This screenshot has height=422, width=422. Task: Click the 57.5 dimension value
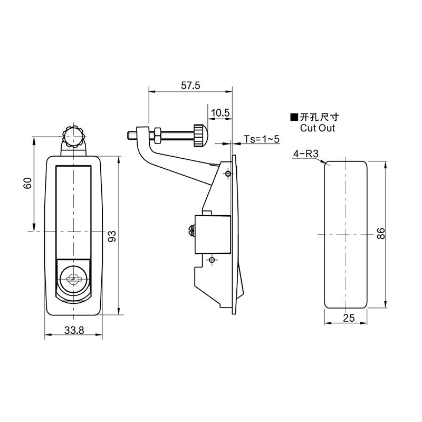coord(190,85)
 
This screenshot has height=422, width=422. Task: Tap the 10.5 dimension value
coord(220,113)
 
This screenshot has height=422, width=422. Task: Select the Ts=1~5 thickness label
coord(262,139)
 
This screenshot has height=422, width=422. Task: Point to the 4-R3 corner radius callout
coord(306,154)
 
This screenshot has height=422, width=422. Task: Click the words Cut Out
coord(318,128)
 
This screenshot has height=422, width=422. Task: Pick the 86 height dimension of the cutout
coord(381,234)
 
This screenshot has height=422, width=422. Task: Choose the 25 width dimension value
coord(349,318)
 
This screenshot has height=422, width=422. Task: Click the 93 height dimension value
coord(112,236)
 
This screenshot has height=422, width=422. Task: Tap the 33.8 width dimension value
coord(74,330)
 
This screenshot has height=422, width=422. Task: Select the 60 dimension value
coord(28,183)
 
